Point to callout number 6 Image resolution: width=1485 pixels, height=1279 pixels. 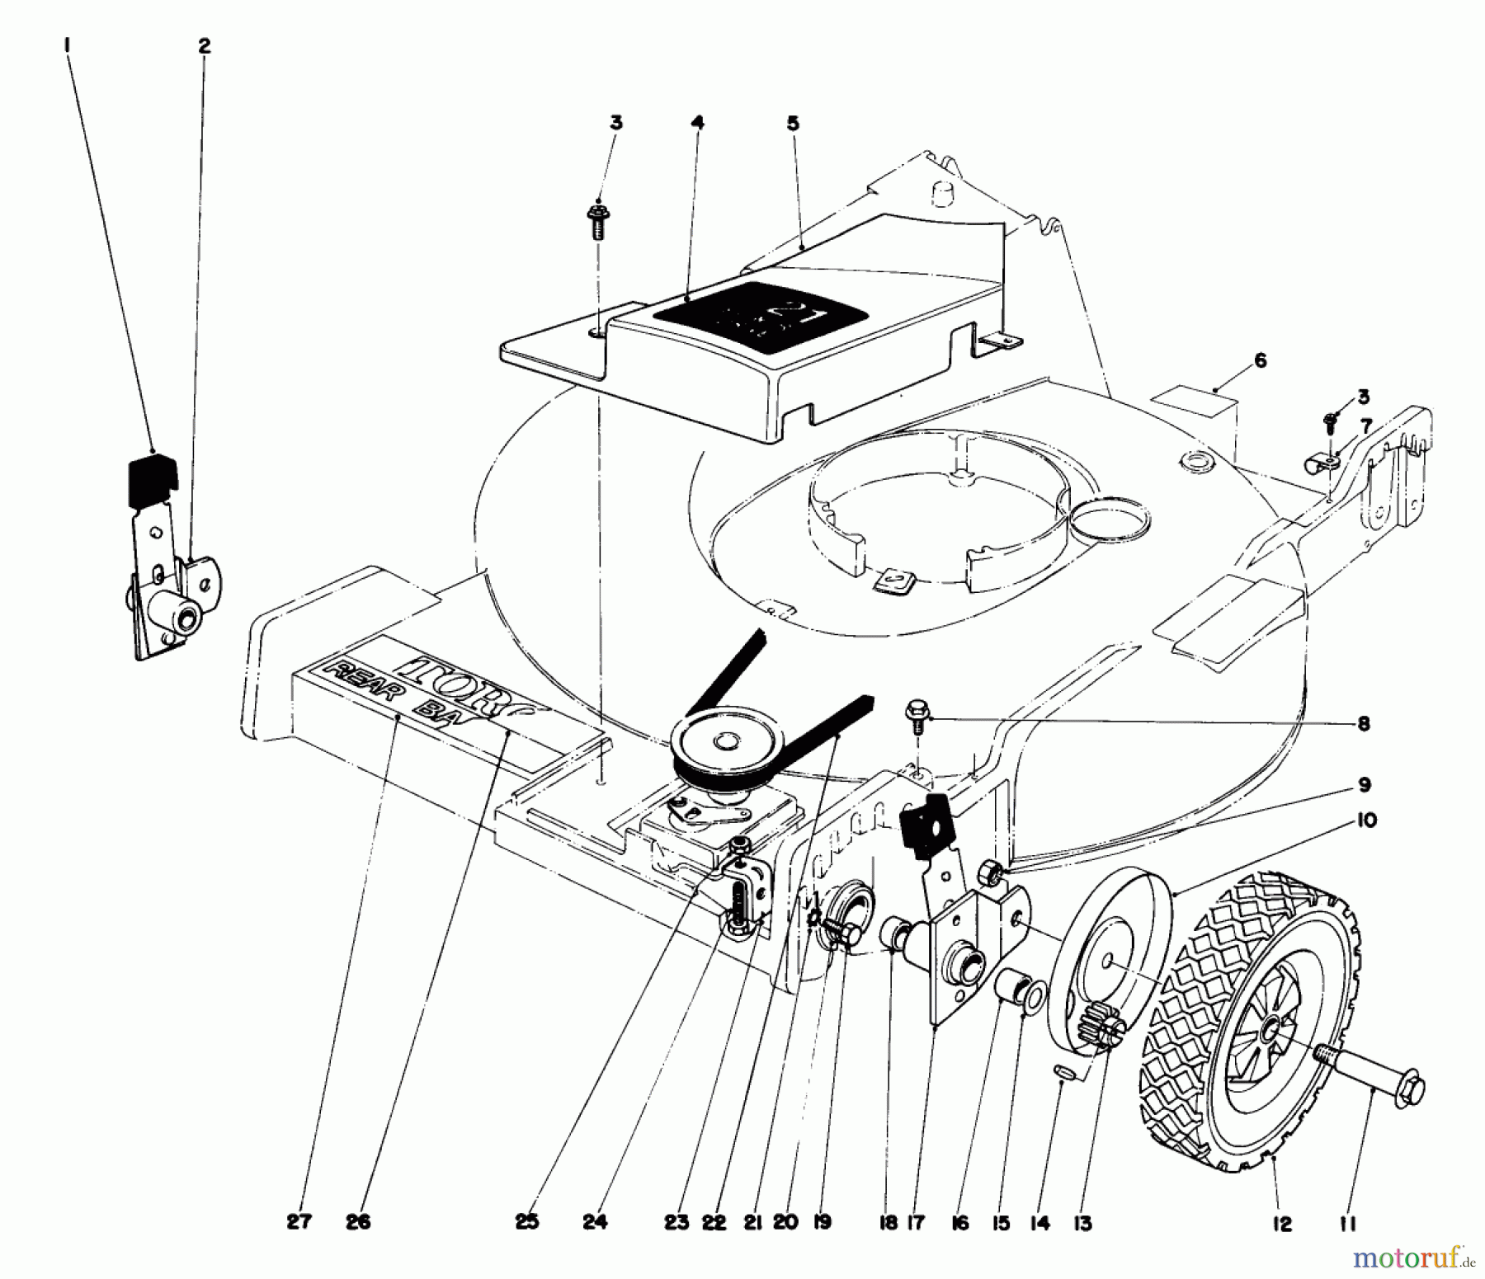click(1260, 360)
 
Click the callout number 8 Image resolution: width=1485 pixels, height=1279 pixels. click(1363, 723)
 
